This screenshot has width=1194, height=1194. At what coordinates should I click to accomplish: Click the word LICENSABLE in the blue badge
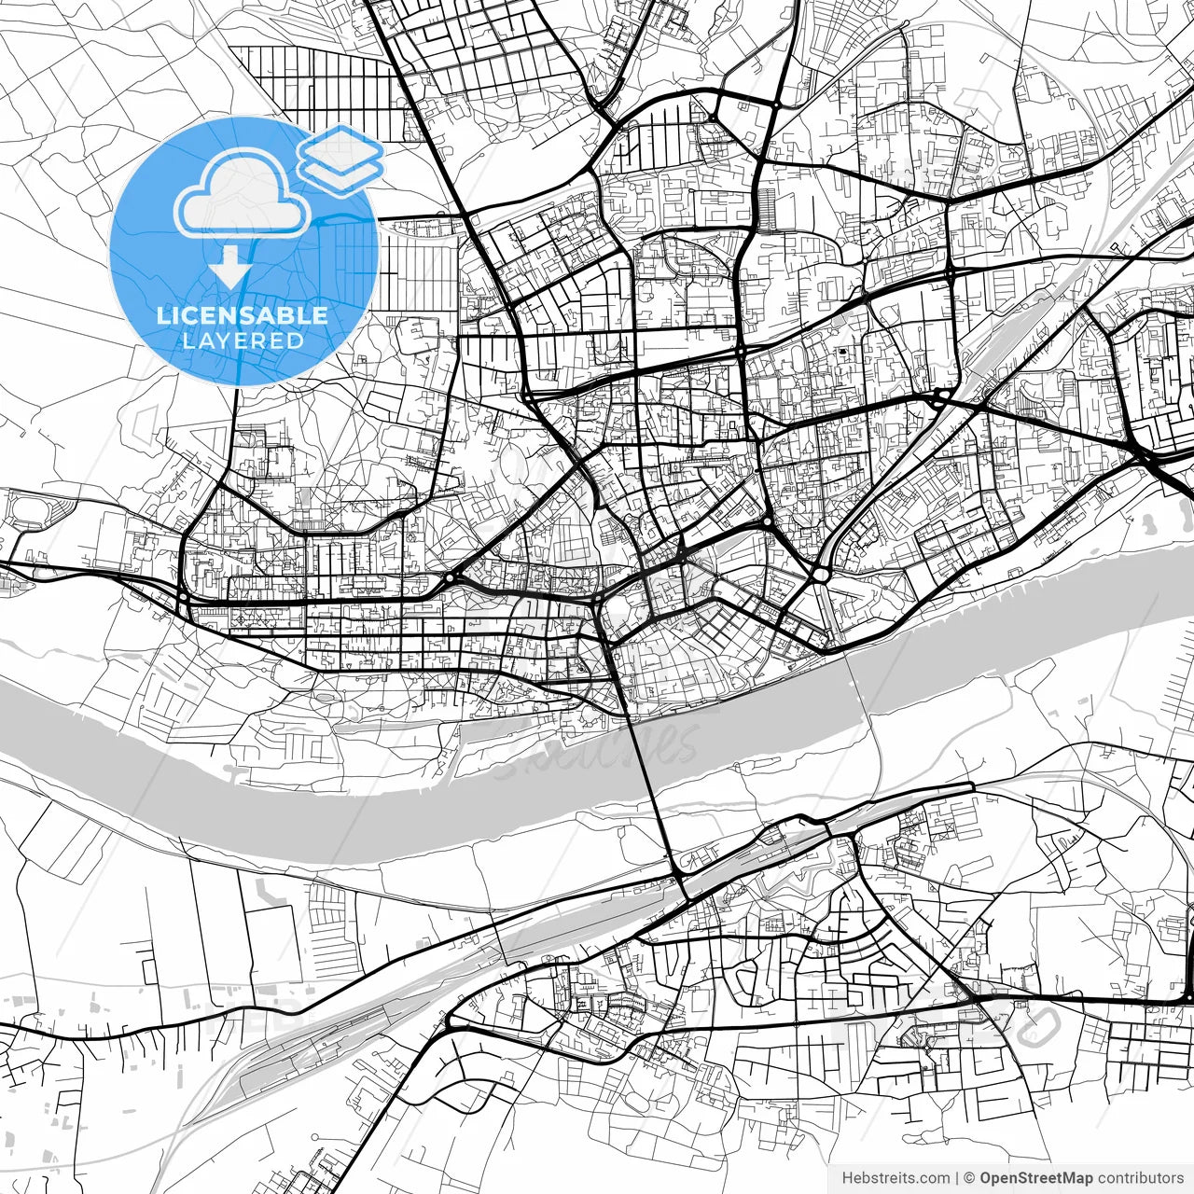(243, 315)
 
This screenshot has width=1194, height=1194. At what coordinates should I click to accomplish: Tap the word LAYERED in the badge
(243, 340)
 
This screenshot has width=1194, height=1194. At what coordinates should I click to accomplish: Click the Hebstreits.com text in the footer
(895, 1177)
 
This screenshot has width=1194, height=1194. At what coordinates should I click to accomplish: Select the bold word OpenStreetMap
(1036, 1177)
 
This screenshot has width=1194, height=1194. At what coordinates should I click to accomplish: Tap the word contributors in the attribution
(1140, 1177)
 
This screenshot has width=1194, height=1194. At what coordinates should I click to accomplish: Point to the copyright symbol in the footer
(969, 1177)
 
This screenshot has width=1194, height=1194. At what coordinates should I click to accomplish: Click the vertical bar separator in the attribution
(958, 1177)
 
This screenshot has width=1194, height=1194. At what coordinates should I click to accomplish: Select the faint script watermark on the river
(597, 751)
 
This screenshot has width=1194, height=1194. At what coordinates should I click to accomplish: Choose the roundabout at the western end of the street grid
(184, 597)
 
